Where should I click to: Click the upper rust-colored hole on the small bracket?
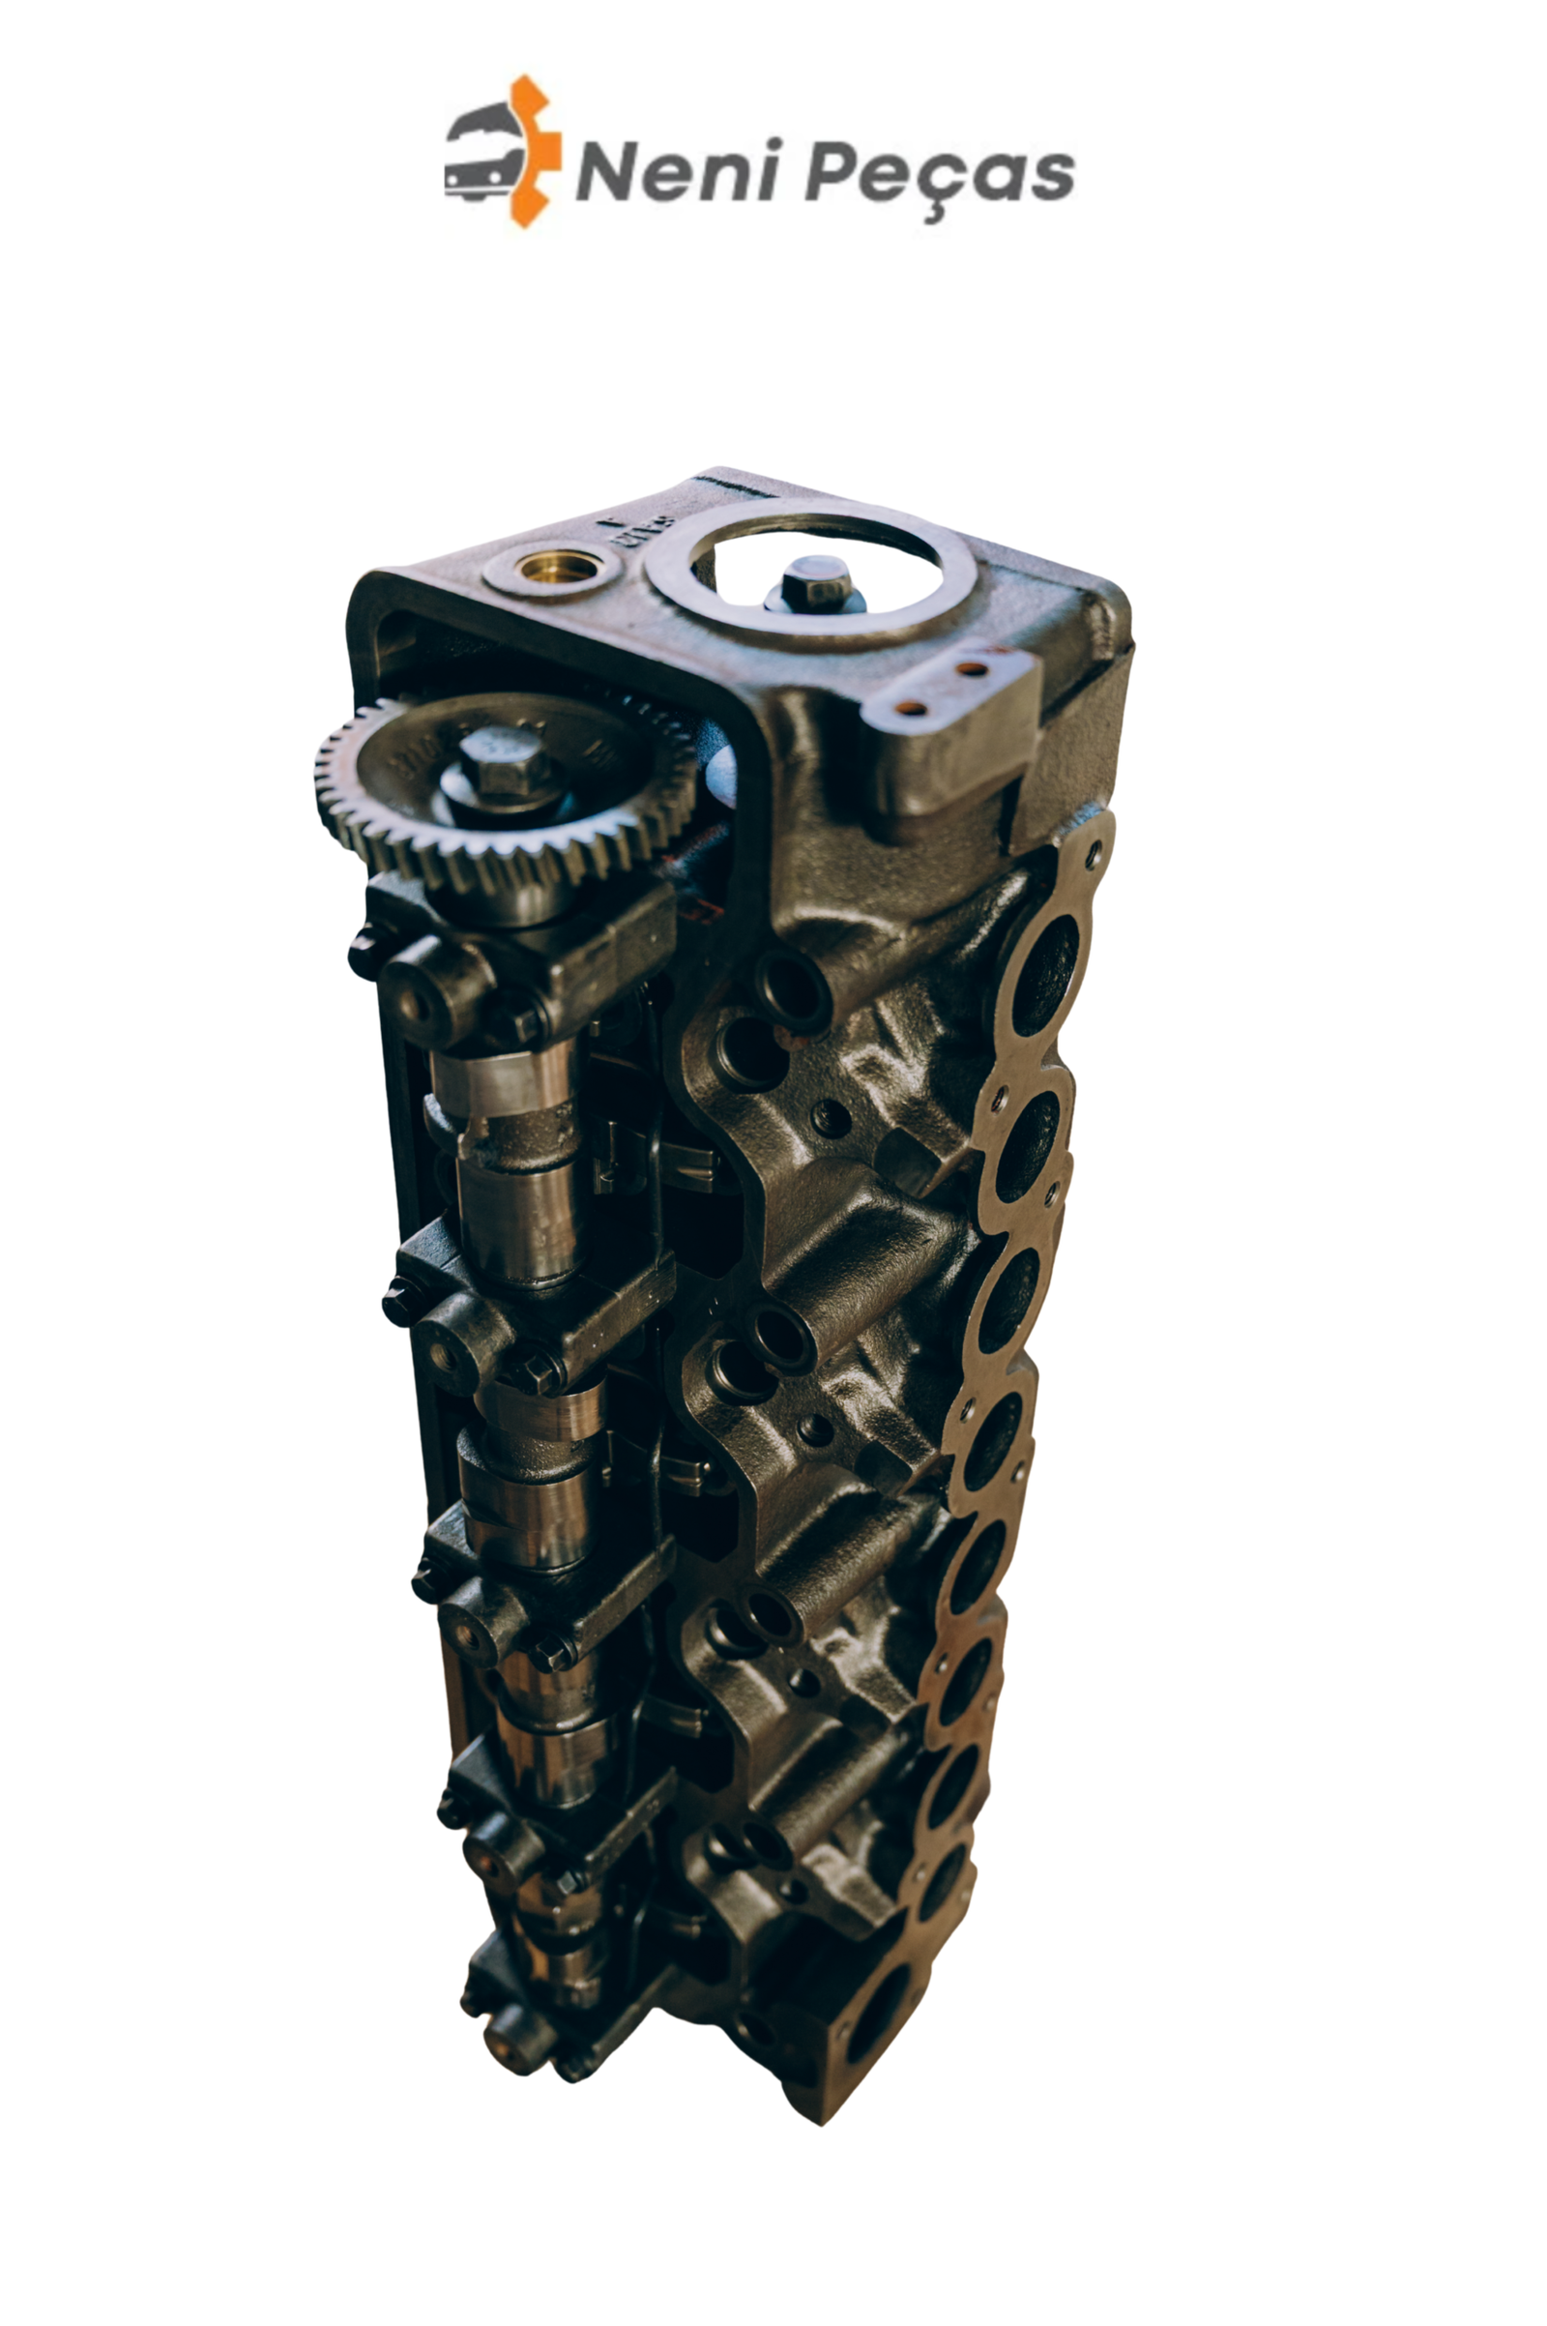pos(971,668)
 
